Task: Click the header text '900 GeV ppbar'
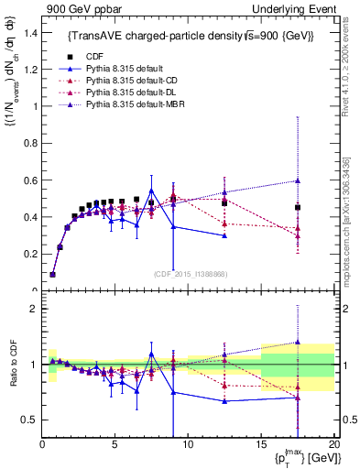(x=72, y=9)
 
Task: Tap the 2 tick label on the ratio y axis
(x=32, y=309)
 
